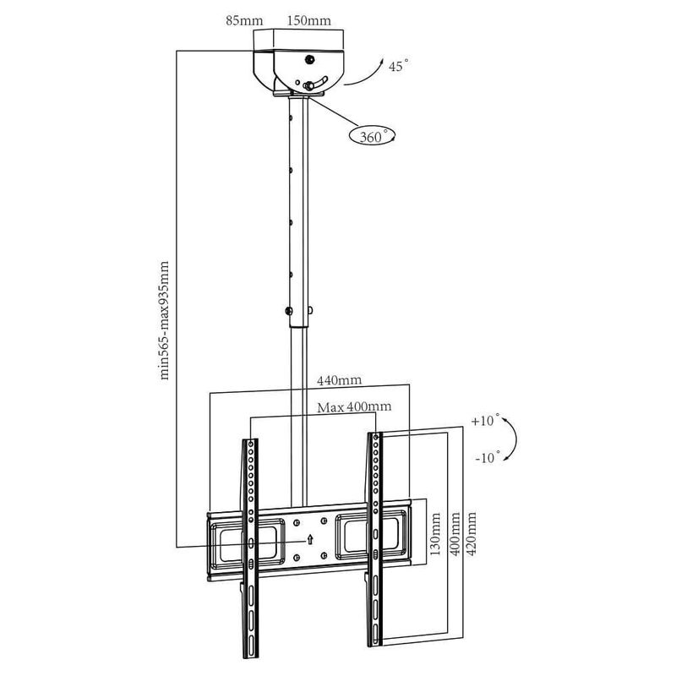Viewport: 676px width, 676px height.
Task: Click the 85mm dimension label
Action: point(244,20)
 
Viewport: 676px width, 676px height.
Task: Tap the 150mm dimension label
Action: point(309,20)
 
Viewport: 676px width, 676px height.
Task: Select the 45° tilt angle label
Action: point(398,66)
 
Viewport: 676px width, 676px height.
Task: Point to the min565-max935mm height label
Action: point(165,320)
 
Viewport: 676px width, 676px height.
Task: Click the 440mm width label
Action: point(340,380)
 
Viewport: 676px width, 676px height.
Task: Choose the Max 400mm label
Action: point(354,407)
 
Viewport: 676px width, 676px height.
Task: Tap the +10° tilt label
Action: point(485,420)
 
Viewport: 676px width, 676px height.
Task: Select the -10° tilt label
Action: point(488,457)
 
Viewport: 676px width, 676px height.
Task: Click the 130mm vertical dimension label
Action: point(435,533)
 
